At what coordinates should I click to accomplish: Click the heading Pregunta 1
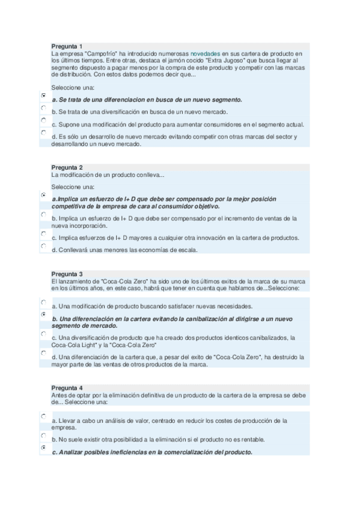pyautogui.click(x=67, y=46)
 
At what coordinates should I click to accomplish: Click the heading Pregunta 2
pyautogui.click(x=67, y=167)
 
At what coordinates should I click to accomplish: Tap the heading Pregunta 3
pyautogui.click(x=67, y=274)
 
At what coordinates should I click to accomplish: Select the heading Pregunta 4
pyautogui.click(x=67, y=387)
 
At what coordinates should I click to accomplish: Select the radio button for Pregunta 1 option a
pyautogui.click(x=44, y=96)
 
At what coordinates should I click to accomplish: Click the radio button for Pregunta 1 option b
pyautogui.click(x=44, y=108)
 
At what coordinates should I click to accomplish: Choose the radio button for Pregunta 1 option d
pyautogui.click(x=44, y=132)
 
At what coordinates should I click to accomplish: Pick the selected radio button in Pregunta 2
pyautogui.click(x=44, y=195)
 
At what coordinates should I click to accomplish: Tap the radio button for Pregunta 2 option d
pyautogui.click(x=44, y=246)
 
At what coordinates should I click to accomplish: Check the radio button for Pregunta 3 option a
pyautogui.click(x=44, y=302)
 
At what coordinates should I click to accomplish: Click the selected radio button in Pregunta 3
pyautogui.click(x=44, y=314)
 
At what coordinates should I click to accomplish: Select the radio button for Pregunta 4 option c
pyautogui.click(x=44, y=448)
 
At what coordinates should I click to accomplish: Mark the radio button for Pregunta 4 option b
pyautogui.click(x=44, y=435)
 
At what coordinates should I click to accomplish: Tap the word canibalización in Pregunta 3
pyautogui.click(x=199, y=319)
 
